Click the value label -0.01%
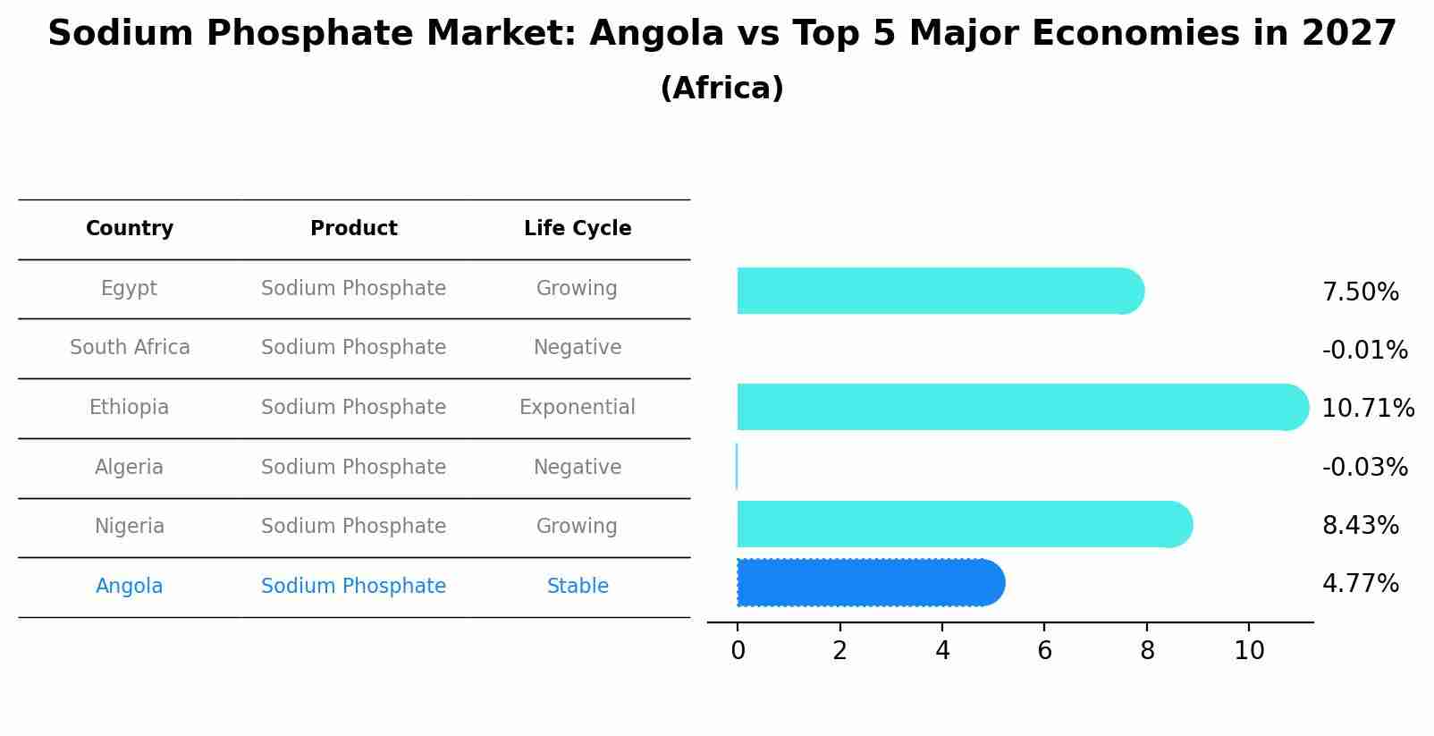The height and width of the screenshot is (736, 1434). click(x=1364, y=351)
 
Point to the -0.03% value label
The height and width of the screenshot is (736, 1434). click(x=1364, y=468)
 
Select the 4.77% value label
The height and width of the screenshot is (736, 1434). click(x=1360, y=584)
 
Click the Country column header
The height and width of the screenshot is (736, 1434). click(x=130, y=229)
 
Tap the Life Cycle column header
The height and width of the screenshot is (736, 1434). click(x=578, y=229)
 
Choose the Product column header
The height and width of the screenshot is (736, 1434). click(x=354, y=229)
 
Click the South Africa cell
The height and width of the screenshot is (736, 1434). click(x=130, y=348)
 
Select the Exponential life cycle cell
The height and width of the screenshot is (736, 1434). click(x=578, y=408)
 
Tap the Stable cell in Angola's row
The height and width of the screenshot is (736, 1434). click(x=578, y=587)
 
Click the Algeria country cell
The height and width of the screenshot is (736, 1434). click(x=130, y=468)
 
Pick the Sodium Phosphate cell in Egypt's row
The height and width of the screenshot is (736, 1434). click(x=354, y=289)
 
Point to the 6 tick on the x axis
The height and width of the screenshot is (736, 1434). click(x=1044, y=651)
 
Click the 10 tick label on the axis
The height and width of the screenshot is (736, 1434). click(x=1249, y=651)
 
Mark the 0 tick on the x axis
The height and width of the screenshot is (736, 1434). click(x=738, y=651)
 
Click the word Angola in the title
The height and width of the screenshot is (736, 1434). click(x=656, y=34)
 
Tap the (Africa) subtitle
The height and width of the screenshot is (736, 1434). click(x=721, y=89)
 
